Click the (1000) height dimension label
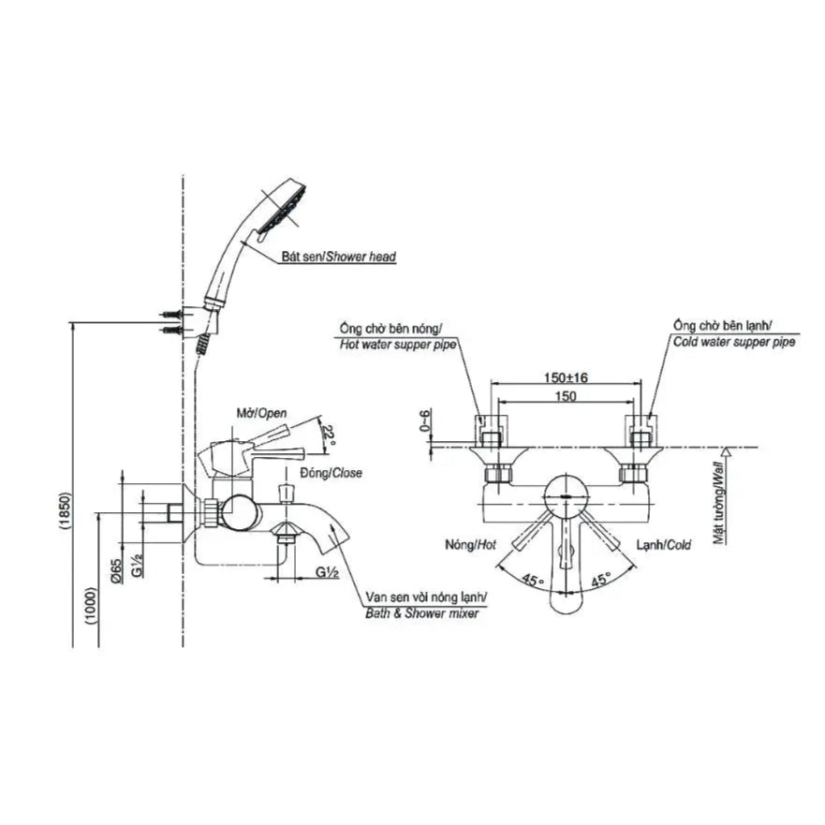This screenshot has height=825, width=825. tap(91, 605)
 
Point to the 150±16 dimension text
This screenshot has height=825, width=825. tap(566, 377)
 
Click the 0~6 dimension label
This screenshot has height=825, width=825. tap(424, 420)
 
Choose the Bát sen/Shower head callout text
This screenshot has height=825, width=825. tap(338, 257)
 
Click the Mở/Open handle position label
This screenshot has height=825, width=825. tap(261, 413)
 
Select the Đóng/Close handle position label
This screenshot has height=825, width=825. tap(331, 473)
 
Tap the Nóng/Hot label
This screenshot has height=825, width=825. tap(470, 545)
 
